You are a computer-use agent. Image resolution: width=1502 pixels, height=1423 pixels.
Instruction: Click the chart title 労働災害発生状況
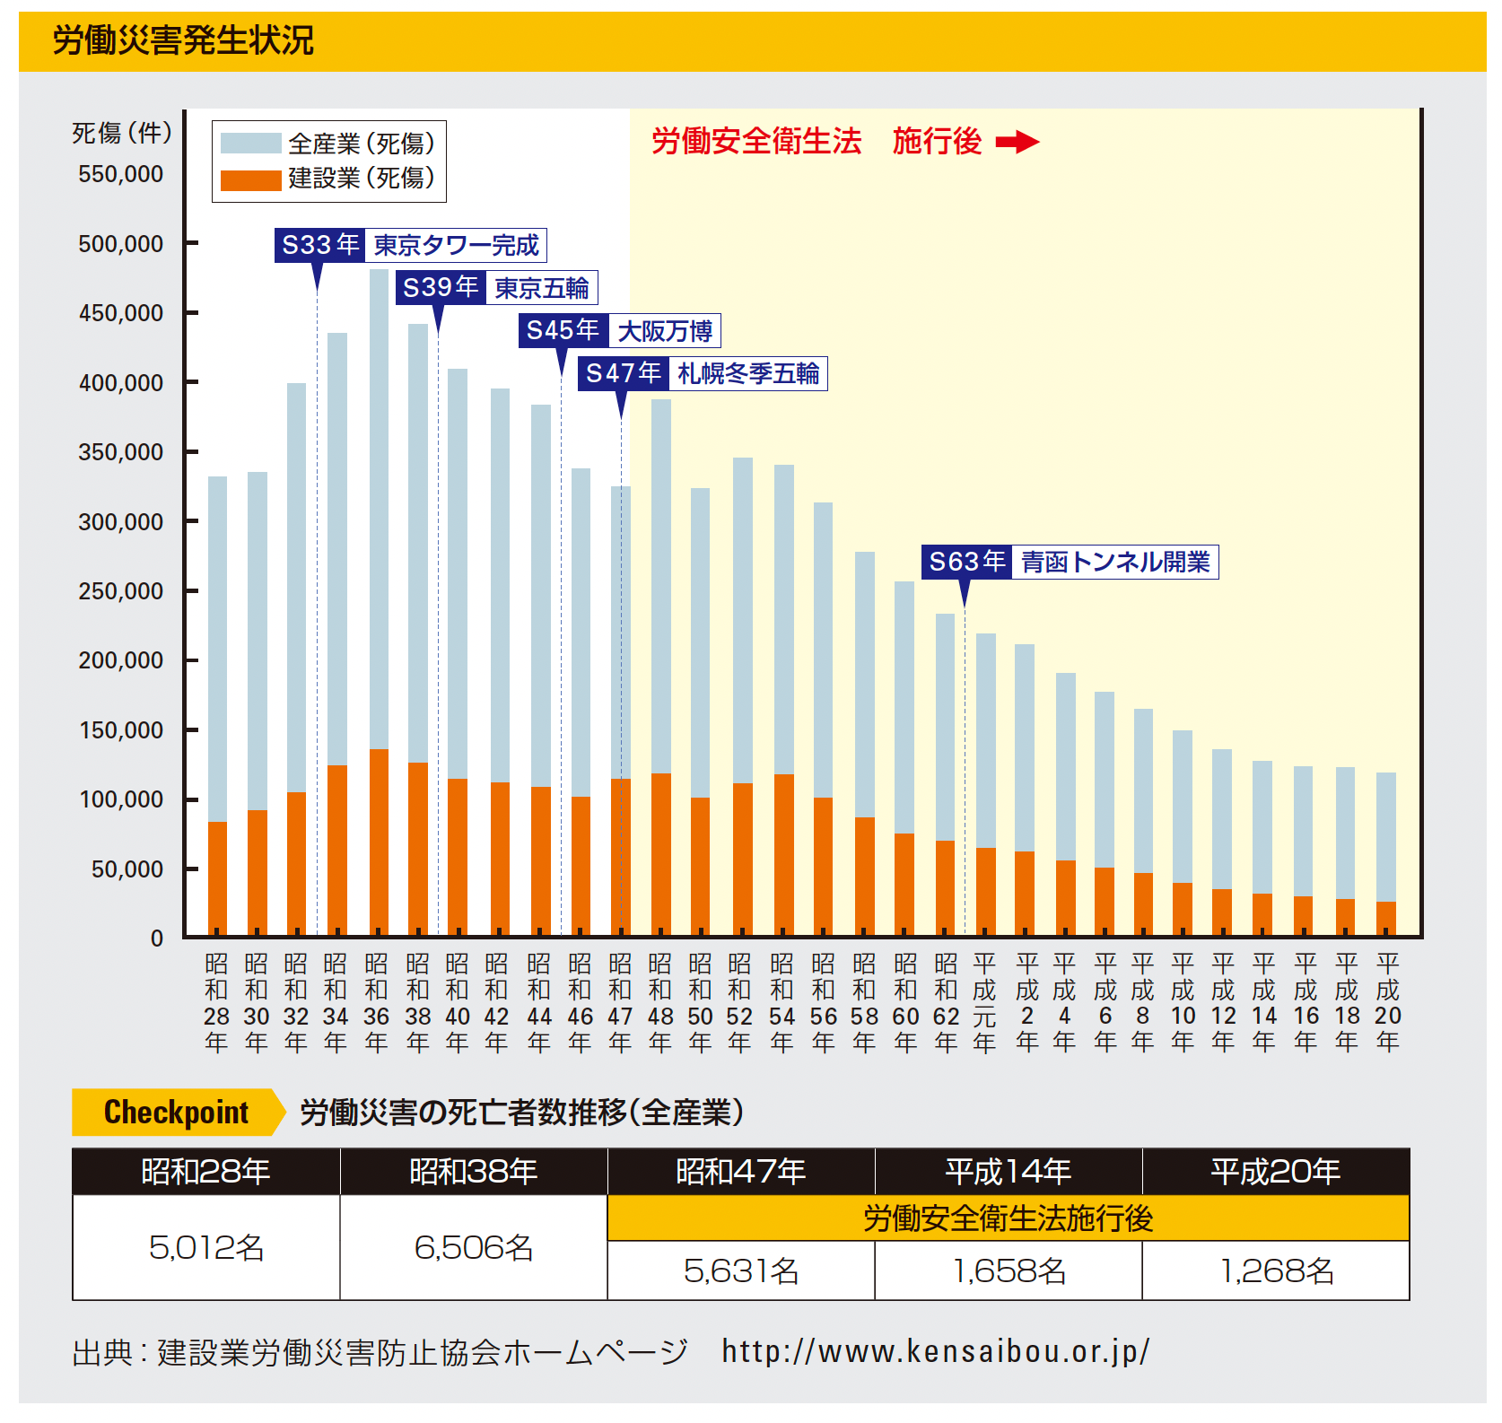183,40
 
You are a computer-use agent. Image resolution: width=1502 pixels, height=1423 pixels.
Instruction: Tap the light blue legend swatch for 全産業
250,144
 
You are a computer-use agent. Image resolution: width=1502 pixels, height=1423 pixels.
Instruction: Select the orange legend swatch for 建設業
250,180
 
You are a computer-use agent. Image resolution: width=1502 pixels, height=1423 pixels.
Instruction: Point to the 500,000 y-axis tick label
120,244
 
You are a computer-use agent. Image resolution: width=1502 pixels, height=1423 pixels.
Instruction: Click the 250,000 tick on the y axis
120,591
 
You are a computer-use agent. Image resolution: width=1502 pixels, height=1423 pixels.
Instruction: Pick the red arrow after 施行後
1017,142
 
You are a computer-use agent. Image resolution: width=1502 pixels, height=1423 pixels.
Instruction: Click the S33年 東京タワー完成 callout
410,245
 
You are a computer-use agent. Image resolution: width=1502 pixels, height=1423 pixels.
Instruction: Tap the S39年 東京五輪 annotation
496,288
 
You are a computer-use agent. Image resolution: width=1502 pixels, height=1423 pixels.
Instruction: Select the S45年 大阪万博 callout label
619,331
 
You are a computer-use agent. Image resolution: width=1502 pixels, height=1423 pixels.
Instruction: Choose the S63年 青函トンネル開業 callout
1070,563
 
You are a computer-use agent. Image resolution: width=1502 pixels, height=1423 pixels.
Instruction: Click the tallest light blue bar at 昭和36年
379,502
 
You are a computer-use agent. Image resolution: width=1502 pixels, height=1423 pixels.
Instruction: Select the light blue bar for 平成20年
1386,834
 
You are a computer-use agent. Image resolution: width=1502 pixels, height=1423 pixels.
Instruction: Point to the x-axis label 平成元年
984,1002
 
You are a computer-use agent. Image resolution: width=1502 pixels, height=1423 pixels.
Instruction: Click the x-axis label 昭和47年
620,1002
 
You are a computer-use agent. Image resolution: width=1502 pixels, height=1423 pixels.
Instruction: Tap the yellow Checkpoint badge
177,1113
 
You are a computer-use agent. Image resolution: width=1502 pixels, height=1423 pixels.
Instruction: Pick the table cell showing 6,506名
474,1247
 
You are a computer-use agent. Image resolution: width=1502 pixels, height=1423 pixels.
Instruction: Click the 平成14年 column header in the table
1009,1172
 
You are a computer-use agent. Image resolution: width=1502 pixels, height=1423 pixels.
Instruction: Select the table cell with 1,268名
1276,1270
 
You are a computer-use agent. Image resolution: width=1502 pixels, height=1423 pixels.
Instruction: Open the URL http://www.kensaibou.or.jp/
935,1351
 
